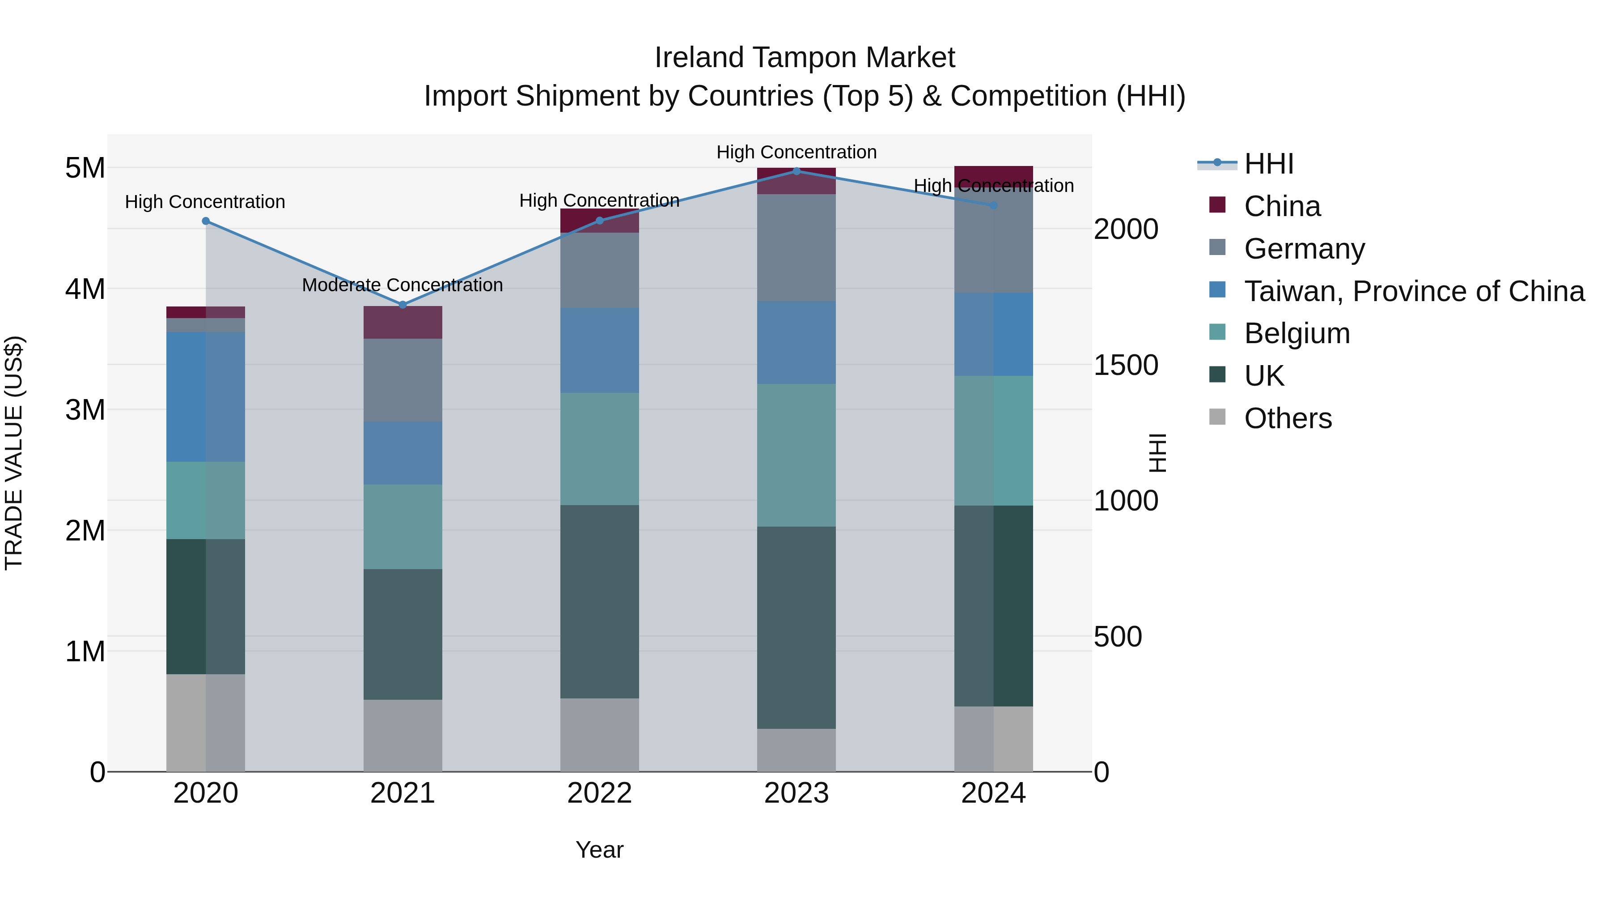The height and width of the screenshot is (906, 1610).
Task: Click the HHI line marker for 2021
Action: pyautogui.click(x=402, y=305)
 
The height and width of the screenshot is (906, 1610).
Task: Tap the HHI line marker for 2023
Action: pyautogui.click(x=796, y=171)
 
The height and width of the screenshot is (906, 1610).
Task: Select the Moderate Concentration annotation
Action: pyautogui.click(x=402, y=285)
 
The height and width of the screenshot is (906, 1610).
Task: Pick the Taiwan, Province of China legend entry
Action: pyautogui.click(x=1414, y=291)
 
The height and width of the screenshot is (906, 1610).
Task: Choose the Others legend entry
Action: pyautogui.click(x=1288, y=418)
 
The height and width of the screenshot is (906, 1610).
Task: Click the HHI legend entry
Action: pyautogui.click(x=1268, y=164)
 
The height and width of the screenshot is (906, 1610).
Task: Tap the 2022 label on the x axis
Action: pyautogui.click(x=599, y=793)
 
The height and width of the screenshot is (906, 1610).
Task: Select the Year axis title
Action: pyautogui.click(x=599, y=850)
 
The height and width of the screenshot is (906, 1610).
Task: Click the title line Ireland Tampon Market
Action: pyautogui.click(x=805, y=58)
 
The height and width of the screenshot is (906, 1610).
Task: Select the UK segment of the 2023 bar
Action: pyautogui.click(x=796, y=627)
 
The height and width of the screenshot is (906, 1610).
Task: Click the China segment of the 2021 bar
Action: pyautogui.click(x=402, y=323)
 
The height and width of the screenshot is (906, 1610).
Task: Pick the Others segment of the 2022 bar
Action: pyautogui.click(x=599, y=735)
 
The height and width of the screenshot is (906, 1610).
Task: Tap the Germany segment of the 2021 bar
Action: pyautogui.click(x=402, y=380)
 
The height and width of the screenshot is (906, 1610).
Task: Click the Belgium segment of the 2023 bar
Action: pyautogui.click(x=796, y=455)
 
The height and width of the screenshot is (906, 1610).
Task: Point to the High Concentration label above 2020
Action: pyautogui.click(x=205, y=202)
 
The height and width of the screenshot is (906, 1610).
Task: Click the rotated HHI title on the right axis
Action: pyautogui.click(x=1157, y=453)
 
